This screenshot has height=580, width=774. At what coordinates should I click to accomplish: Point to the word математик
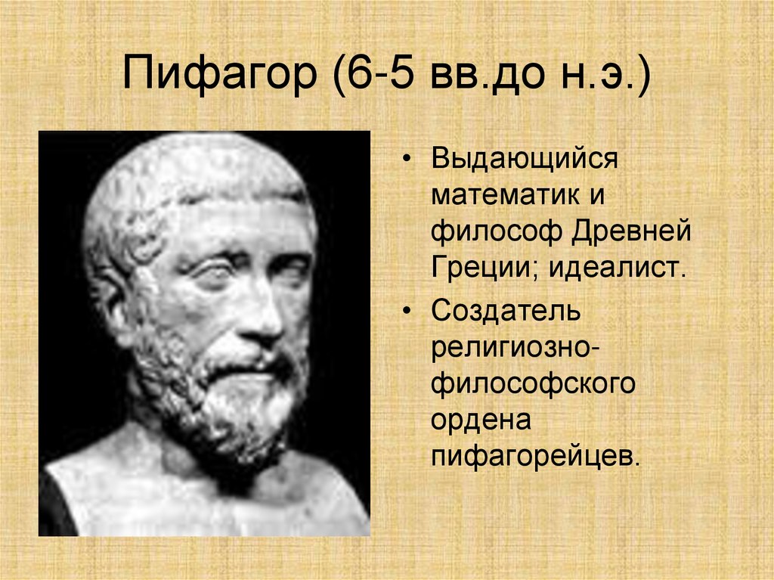[x=497, y=196]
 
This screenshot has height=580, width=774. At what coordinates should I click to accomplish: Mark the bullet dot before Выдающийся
[x=408, y=162]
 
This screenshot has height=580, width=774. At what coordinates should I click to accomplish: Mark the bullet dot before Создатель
[x=408, y=312]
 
